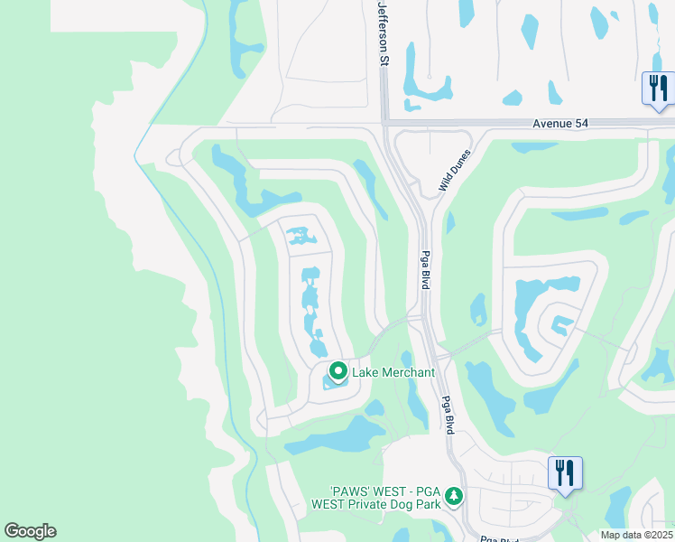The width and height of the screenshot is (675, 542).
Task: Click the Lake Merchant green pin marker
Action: pyautogui.click(x=338, y=371)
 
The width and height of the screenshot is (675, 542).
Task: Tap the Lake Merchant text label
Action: pyautogui.click(x=394, y=372)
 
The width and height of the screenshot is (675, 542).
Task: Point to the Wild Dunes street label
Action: pyautogui.click(x=456, y=170)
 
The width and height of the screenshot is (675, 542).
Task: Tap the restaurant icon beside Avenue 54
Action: pyautogui.click(x=657, y=89)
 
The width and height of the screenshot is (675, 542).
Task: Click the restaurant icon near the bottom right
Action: pyautogui.click(x=565, y=472)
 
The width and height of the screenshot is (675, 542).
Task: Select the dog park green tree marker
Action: pyautogui.click(x=454, y=496)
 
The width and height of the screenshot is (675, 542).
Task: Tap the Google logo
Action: pyautogui.click(x=30, y=531)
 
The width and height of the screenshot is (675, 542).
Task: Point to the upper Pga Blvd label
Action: pyautogui.click(x=424, y=270)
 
